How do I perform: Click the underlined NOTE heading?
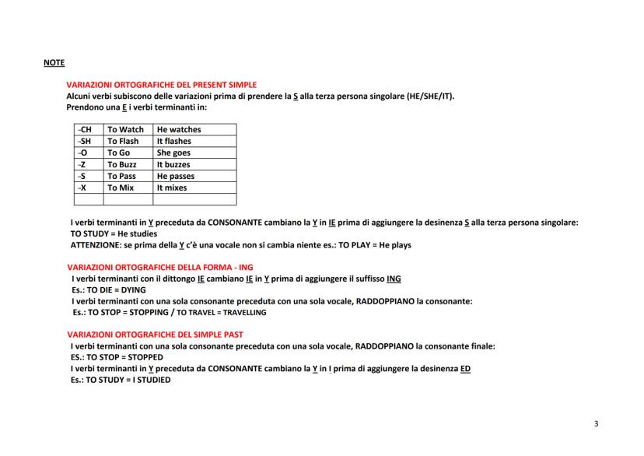coord(54,62)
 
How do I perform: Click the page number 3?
coord(596,424)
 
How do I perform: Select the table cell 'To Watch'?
coord(125,130)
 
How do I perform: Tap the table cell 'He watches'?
coord(179,130)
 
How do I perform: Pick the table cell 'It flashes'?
coord(174,142)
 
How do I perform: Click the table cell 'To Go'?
coord(118,153)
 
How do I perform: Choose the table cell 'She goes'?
coord(173,153)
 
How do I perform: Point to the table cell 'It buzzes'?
coord(173,165)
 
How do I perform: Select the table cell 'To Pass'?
coord(121,177)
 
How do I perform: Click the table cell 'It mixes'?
coord(172,188)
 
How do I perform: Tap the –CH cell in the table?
coord(86,130)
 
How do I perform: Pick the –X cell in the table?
coord(83,188)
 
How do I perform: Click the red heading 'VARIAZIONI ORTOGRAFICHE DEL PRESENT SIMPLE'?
coord(161,85)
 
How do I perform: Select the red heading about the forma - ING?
coord(160,267)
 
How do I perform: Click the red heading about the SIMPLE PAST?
coord(156,334)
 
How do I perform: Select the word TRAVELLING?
coord(240,312)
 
